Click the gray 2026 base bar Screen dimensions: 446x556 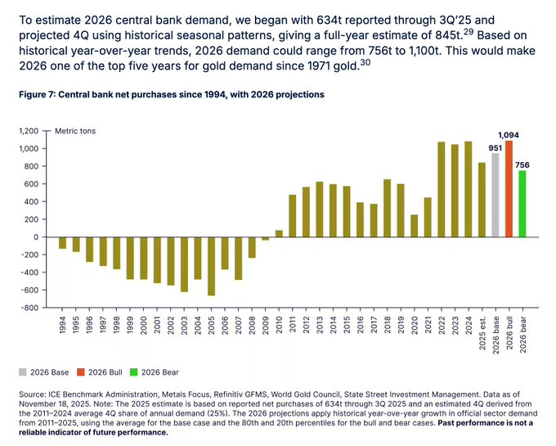pos(495,195)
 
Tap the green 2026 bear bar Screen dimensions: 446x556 pos(522,204)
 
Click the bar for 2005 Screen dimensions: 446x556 pos(211,266)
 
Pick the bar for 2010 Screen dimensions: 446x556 pos(278,233)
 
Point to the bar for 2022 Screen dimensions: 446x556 pos(442,190)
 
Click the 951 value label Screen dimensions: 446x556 pos(494,147)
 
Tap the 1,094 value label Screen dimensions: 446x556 pos(509,135)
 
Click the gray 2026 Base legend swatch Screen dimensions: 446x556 pos(23,372)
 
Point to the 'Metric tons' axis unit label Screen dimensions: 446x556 pos(75,131)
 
